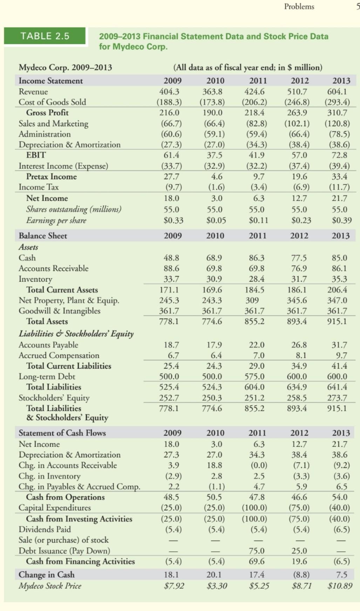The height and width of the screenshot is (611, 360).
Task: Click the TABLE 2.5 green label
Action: click(x=45, y=36)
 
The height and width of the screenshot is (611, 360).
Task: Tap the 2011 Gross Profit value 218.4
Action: click(x=254, y=113)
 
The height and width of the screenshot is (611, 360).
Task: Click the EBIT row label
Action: click(x=36, y=155)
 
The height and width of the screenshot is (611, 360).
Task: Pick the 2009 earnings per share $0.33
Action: click(x=174, y=221)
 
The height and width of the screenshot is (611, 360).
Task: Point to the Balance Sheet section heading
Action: click(x=43, y=236)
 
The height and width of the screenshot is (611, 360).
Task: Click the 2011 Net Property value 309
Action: click(x=252, y=300)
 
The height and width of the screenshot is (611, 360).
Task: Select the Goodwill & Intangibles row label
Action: click(x=59, y=311)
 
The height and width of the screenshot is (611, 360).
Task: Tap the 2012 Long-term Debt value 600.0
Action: click(x=297, y=376)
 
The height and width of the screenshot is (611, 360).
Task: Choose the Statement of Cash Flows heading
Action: click(x=62, y=433)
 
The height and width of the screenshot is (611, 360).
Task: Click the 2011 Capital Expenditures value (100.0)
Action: click(x=254, y=508)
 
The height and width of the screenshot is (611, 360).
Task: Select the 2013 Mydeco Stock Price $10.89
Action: click(x=340, y=586)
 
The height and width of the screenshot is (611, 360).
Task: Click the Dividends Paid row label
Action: click(x=45, y=529)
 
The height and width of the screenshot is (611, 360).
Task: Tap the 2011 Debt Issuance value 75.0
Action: click(x=257, y=551)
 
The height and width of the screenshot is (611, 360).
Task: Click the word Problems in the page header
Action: click(x=299, y=6)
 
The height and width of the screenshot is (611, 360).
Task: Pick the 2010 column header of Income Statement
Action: click(x=215, y=81)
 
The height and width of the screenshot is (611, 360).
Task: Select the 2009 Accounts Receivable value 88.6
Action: click(x=171, y=268)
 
